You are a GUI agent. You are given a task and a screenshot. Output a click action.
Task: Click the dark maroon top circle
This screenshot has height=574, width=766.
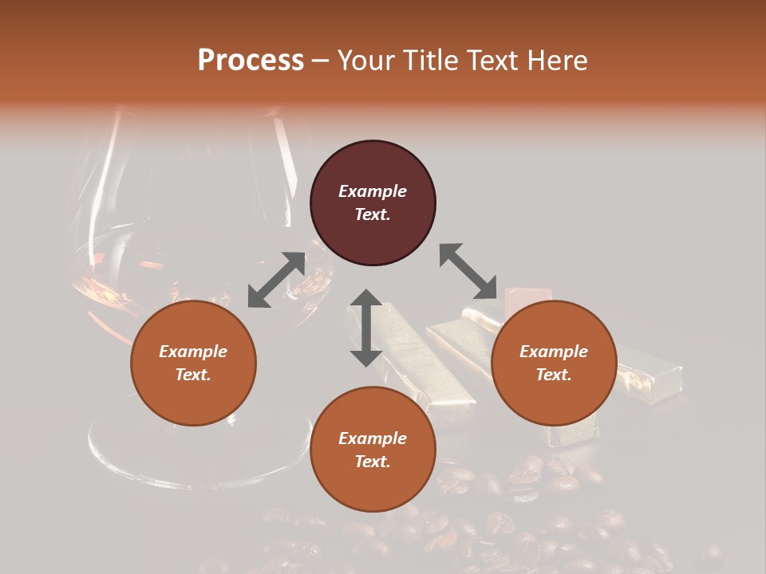pyautogui.click(x=373, y=203)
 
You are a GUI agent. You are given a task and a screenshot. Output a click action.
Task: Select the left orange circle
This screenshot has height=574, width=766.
pyautogui.click(x=193, y=364)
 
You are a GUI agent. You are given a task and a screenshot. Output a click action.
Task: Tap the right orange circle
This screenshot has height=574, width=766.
pyautogui.click(x=554, y=364)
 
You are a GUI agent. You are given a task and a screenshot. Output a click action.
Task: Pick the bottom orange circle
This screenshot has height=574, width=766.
pyautogui.click(x=373, y=450)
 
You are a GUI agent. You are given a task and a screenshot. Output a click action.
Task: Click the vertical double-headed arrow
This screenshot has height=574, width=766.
pyautogui.click(x=366, y=328)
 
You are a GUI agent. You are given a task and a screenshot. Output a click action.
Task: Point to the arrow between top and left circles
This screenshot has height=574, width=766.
pyautogui.click(x=276, y=280)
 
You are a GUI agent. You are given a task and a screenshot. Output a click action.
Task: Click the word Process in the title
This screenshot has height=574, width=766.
pyautogui.click(x=251, y=60)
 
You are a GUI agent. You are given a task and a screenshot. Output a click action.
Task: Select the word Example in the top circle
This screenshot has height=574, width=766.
pyautogui.click(x=373, y=191)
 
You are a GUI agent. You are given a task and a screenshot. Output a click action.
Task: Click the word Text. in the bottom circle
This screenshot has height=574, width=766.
pyautogui.click(x=373, y=462)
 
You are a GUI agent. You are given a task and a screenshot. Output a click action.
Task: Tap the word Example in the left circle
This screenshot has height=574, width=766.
pyautogui.click(x=193, y=352)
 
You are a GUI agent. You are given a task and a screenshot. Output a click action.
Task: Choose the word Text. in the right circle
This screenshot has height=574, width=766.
pyautogui.click(x=554, y=375)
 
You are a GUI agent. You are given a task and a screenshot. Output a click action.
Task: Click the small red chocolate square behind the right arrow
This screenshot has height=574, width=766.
pyautogui.click(x=522, y=297)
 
